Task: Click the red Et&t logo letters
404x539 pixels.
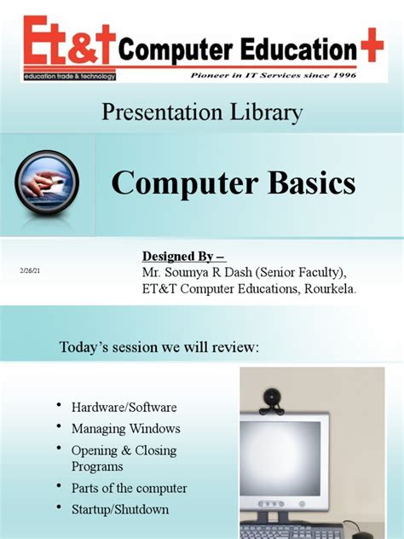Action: pyautogui.click(x=64, y=43)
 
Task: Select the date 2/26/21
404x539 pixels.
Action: pyautogui.click(x=30, y=270)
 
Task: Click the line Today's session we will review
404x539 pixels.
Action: pyautogui.click(x=159, y=349)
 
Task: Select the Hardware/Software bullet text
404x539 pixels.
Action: pyautogui.click(x=124, y=408)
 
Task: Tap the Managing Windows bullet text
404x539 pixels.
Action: pyautogui.click(x=125, y=428)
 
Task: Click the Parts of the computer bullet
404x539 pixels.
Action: pyautogui.click(x=129, y=489)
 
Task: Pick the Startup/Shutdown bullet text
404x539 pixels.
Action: pyautogui.click(x=120, y=509)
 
